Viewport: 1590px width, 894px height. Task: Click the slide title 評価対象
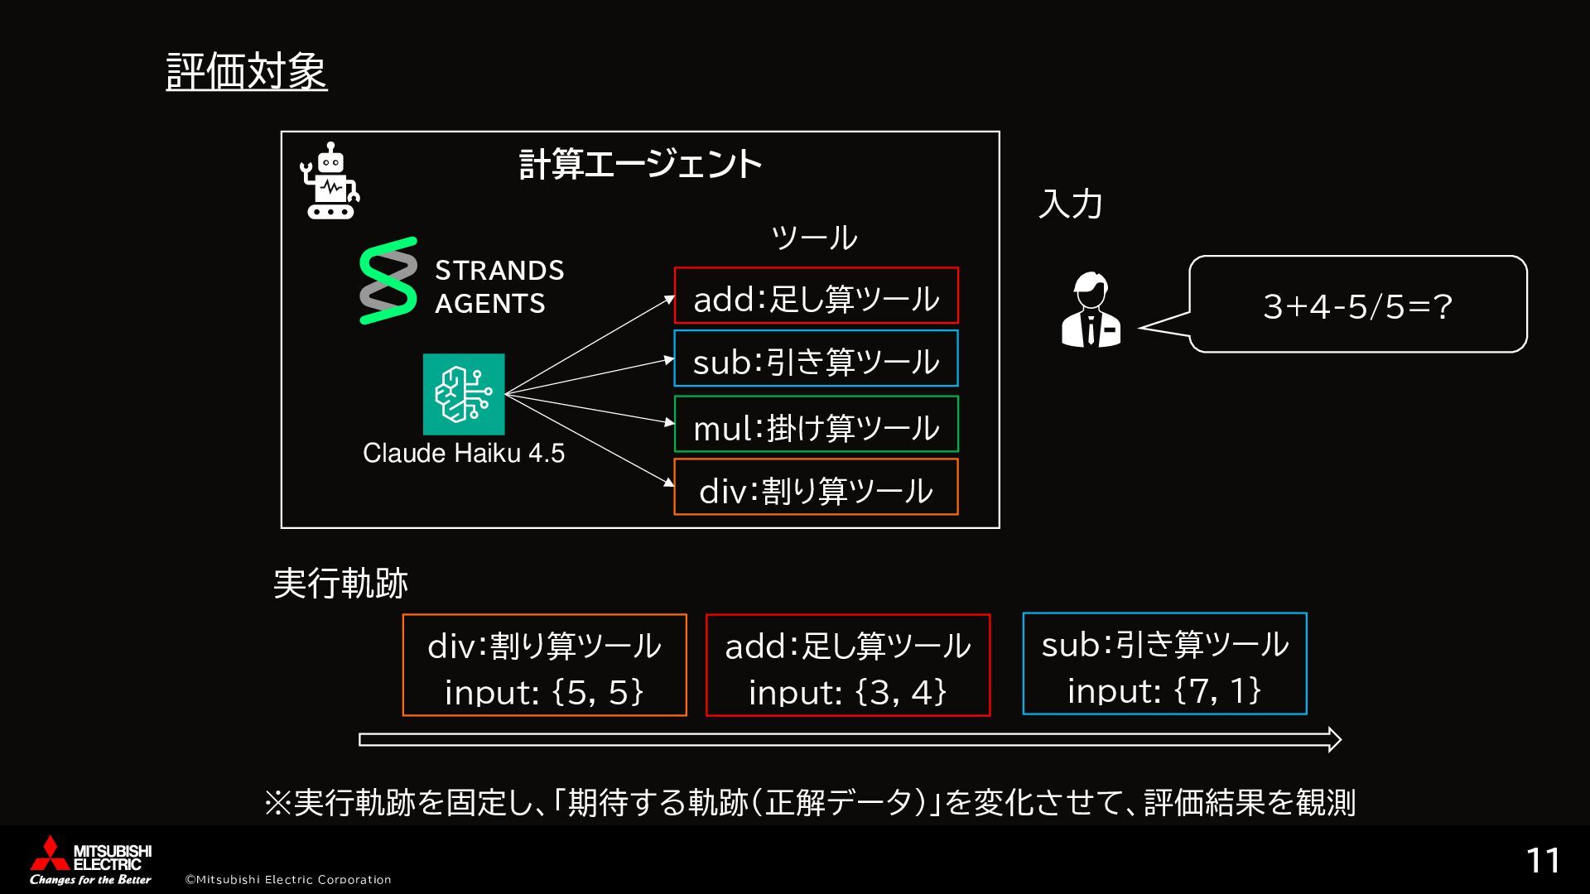247,72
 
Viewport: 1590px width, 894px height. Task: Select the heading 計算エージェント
639,165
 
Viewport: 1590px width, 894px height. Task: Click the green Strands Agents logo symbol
388,281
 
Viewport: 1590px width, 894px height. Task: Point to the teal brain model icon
464,394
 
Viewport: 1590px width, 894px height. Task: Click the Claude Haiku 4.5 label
464,454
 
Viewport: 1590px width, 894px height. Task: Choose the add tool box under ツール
816,296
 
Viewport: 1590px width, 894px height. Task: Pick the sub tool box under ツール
816,358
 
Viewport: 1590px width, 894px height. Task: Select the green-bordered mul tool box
816,424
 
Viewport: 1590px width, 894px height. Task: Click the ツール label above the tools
814,238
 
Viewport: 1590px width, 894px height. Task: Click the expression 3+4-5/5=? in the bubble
1357,307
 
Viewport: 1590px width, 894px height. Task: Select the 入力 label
1070,204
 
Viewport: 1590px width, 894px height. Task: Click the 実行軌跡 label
340,584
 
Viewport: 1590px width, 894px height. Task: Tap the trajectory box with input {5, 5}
544,665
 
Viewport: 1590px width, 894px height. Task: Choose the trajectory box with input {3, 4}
847,665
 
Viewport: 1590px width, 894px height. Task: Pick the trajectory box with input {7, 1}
1164,664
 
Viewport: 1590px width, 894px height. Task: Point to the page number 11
1543,861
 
